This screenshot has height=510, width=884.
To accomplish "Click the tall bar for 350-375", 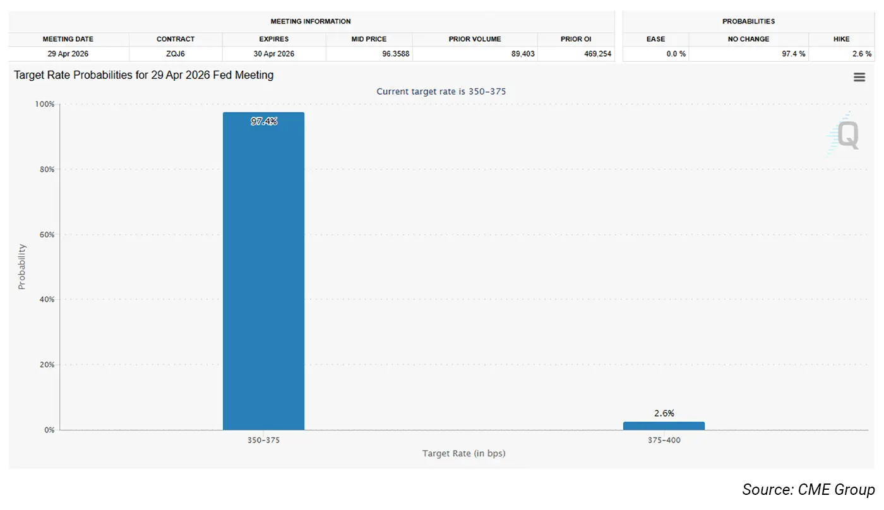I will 263,271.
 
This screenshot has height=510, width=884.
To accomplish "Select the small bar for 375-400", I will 664,426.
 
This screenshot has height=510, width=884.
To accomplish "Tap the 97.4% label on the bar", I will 263,122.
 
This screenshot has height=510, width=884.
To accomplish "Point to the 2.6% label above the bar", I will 664,413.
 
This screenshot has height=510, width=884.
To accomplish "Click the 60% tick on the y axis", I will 46,235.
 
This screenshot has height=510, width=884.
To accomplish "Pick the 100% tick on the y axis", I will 45,104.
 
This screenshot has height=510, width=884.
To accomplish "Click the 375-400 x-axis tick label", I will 664,440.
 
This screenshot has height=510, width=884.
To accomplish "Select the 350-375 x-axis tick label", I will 263,440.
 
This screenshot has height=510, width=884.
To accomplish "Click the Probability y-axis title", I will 22,266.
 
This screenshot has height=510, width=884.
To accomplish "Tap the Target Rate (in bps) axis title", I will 463,453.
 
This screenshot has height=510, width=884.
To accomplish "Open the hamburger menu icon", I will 859,77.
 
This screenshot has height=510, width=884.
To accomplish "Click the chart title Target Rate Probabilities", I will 144,75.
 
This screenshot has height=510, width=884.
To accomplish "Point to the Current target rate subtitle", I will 441,92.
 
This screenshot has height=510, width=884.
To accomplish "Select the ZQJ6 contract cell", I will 176,54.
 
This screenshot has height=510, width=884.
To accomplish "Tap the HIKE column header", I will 842,39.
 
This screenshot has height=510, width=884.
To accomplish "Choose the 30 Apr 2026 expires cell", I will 273,54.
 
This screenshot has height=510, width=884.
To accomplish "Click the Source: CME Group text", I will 808,490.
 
